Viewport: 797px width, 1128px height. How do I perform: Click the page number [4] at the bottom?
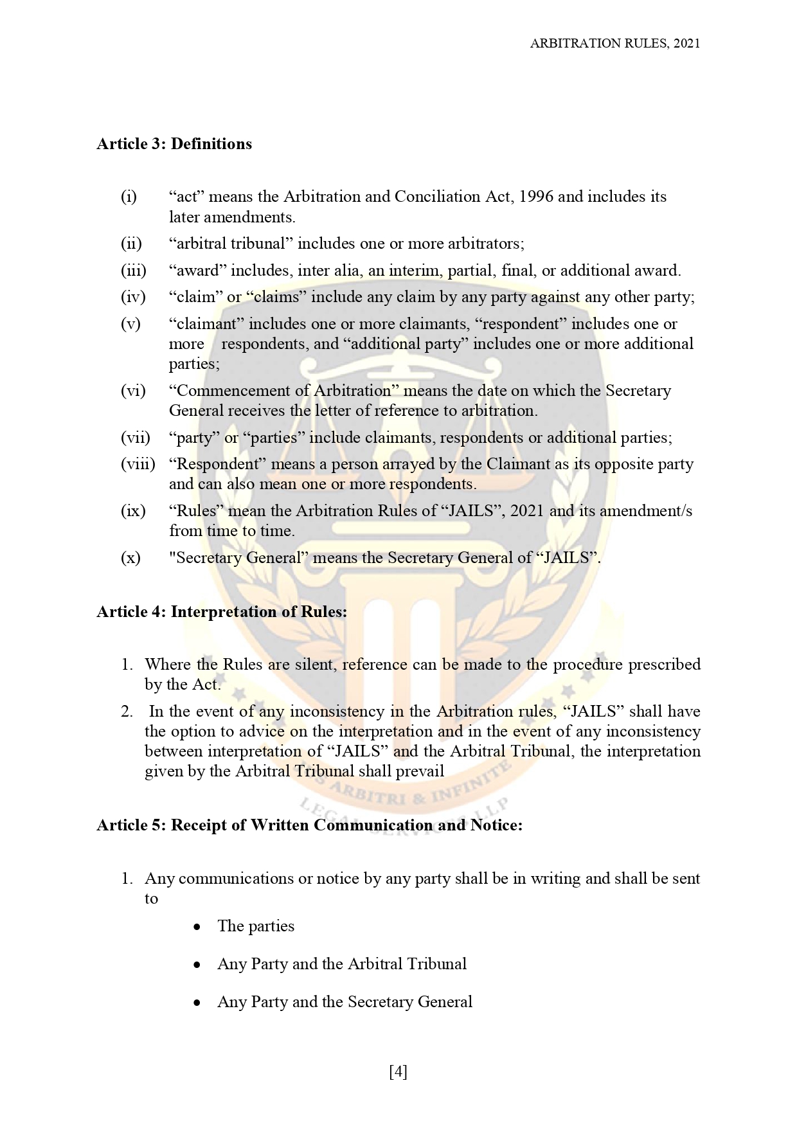[x=398, y=1071]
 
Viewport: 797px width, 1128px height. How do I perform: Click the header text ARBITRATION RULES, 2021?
[x=614, y=43]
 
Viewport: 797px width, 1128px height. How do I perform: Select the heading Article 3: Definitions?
[x=174, y=143]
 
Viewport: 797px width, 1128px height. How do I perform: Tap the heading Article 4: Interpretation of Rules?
[x=222, y=611]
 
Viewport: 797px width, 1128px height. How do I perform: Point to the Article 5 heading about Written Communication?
[x=309, y=825]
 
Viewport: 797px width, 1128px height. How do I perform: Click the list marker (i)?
[x=129, y=197]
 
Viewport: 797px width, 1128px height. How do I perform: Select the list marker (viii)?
[x=138, y=464]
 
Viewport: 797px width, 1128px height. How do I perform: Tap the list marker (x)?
[x=130, y=557]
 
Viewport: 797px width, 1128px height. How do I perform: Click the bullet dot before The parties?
[x=198, y=927]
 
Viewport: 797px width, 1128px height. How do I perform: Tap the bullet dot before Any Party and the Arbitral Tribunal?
[x=198, y=965]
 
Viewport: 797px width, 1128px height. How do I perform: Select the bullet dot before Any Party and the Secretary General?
[x=198, y=1003]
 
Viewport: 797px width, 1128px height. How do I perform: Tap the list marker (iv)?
[x=133, y=297]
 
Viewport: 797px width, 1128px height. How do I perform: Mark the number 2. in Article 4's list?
[x=127, y=712]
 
